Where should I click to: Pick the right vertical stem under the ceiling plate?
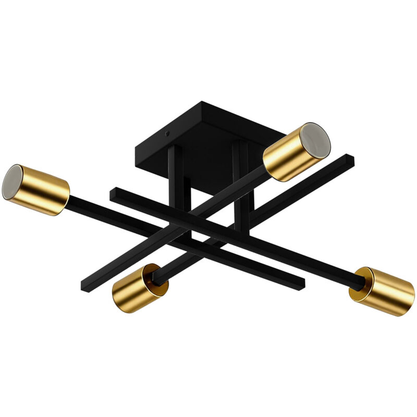coord(241,177)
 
